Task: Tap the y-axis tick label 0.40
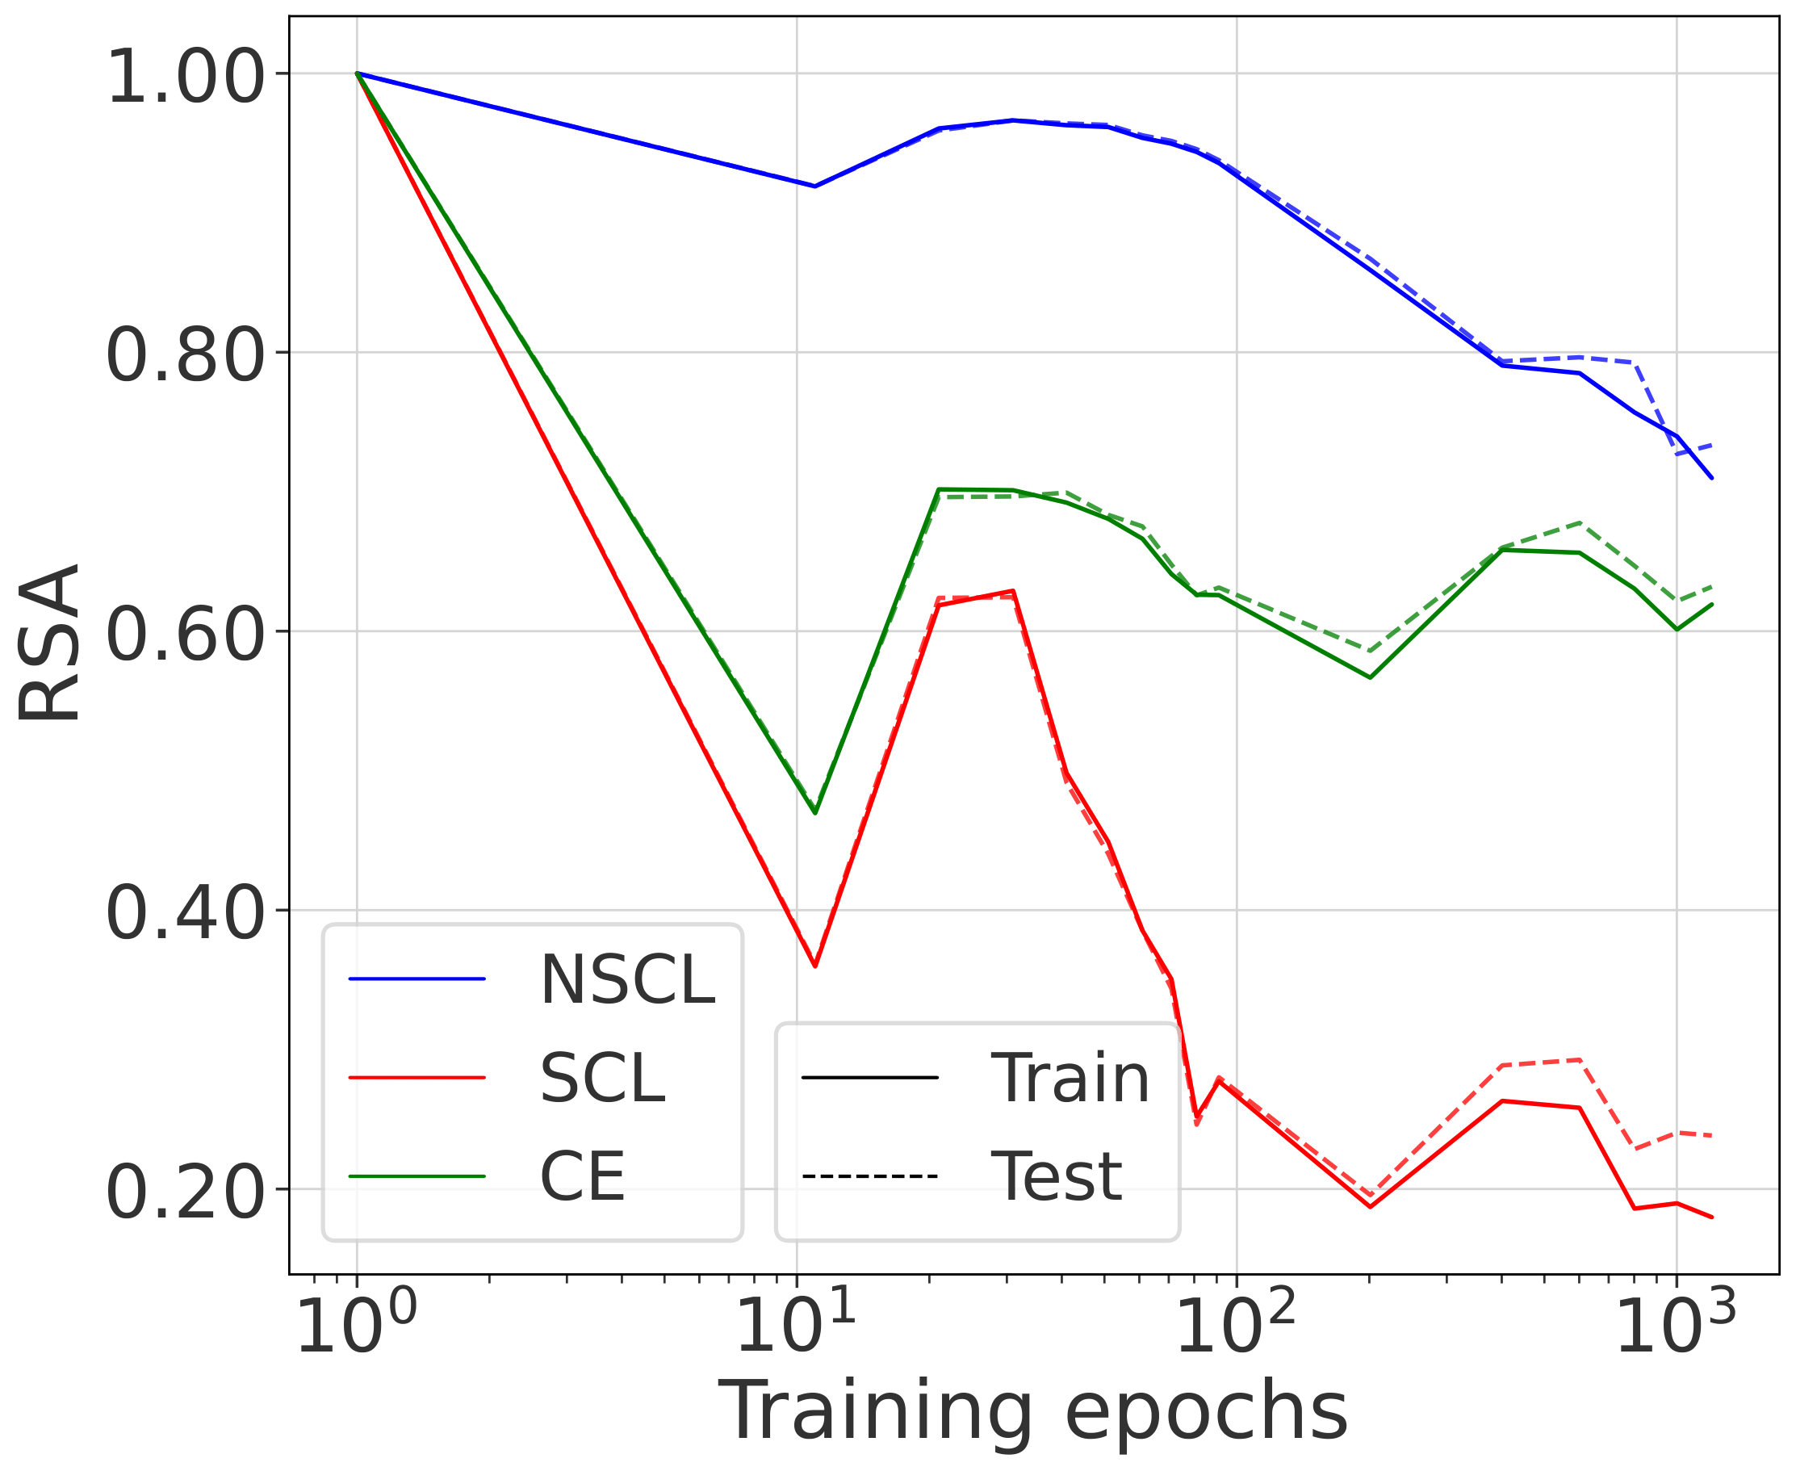[186, 913]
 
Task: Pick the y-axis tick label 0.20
[186, 1192]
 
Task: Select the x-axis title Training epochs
[1032, 1410]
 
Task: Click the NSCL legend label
[628, 979]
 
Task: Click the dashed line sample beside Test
[869, 1176]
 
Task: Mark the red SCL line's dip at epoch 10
[815, 966]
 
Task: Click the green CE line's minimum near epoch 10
[815, 814]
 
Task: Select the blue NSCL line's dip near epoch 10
[815, 186]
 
